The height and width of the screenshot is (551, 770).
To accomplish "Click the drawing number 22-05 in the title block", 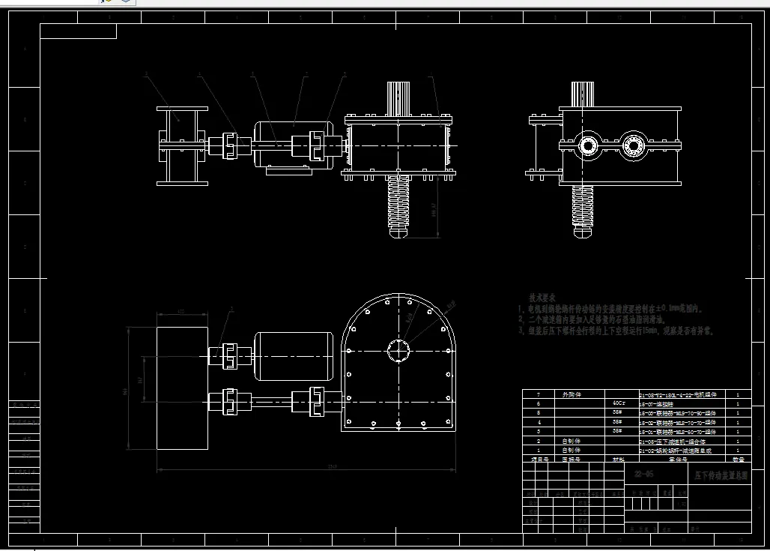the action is [643, 474].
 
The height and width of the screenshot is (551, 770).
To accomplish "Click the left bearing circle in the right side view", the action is [588, 145].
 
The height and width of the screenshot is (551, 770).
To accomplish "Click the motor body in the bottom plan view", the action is [294, 355].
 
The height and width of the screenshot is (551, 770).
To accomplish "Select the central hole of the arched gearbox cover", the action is [398, 351].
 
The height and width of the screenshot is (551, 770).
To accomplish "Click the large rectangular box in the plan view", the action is [182, 388].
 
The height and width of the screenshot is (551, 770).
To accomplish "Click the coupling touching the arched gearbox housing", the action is [318, 399].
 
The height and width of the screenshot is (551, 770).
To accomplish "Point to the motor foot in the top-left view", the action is [289, 171].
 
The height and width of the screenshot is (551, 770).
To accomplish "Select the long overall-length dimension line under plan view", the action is [306, 471].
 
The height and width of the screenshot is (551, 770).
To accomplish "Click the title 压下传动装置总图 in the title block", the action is [720, 475].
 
